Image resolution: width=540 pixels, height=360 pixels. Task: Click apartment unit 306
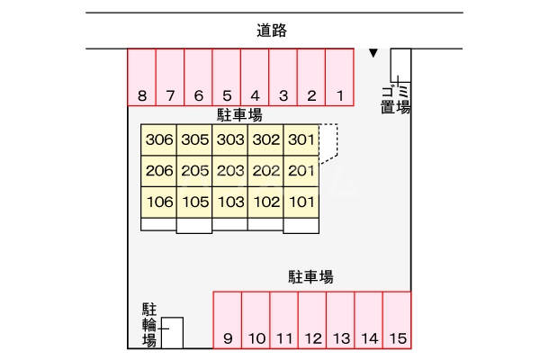click(x=158, y=140)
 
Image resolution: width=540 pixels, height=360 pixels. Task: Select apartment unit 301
click(x=301, y=140)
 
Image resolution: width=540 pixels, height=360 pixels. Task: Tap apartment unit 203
click(x=231, y=171)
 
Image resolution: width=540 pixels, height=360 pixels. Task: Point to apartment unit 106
click(x=158, y=202)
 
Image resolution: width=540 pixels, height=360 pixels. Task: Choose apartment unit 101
click(x=301, y=202)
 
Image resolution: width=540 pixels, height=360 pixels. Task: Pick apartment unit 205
click(x=194, y=171)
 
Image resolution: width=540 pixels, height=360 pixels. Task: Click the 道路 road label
click(x=271, y=31)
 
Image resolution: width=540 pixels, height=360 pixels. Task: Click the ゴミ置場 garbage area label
click(x=395, y=99)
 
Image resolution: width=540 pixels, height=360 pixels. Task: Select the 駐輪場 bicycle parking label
click(x=149, y=325)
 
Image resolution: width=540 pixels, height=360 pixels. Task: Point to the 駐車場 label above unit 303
click(x=239, y=115)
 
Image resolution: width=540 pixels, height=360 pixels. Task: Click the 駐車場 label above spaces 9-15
click(x=311, y=277)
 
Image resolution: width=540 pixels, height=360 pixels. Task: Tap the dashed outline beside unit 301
click(x=330, y=140)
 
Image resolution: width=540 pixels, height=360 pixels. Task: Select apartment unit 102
click(x=266, y=202)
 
